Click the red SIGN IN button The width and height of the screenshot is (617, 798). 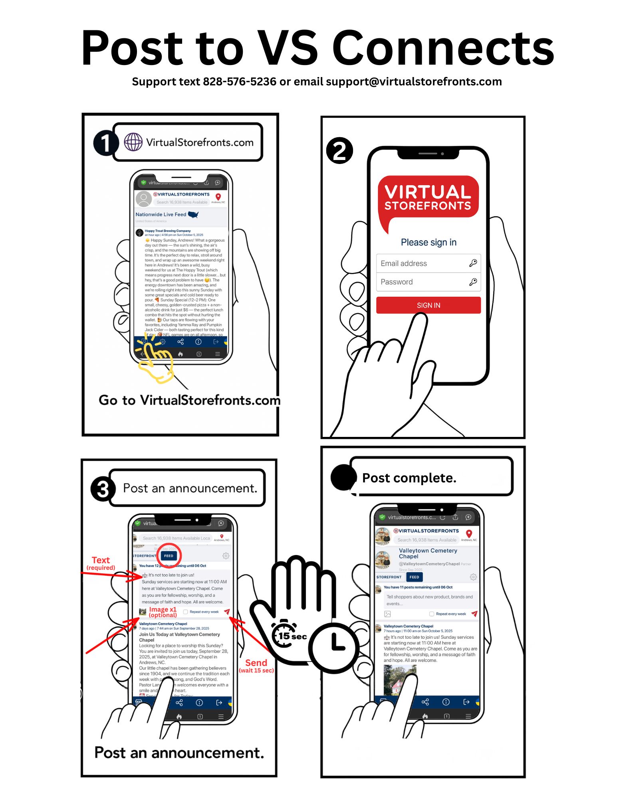coord(428,305)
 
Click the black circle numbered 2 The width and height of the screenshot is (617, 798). coord(339,151)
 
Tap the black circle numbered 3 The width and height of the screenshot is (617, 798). coord(103,489)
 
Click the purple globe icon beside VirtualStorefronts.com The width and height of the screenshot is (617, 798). coord(133,142)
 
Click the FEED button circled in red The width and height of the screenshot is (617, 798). coord(169,556)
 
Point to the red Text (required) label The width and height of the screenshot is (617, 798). coord(101,563)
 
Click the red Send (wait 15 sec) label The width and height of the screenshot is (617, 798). coord(256,666)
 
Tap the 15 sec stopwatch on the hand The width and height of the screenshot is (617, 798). coord(284,634)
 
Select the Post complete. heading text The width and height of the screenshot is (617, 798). coord(409,478)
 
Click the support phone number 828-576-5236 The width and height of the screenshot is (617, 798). coord(239,82)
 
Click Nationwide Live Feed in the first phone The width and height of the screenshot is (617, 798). coord(161,214)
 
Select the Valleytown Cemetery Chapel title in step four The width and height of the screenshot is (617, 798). coord(428,553)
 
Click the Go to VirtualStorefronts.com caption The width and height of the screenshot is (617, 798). coord(189,400)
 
